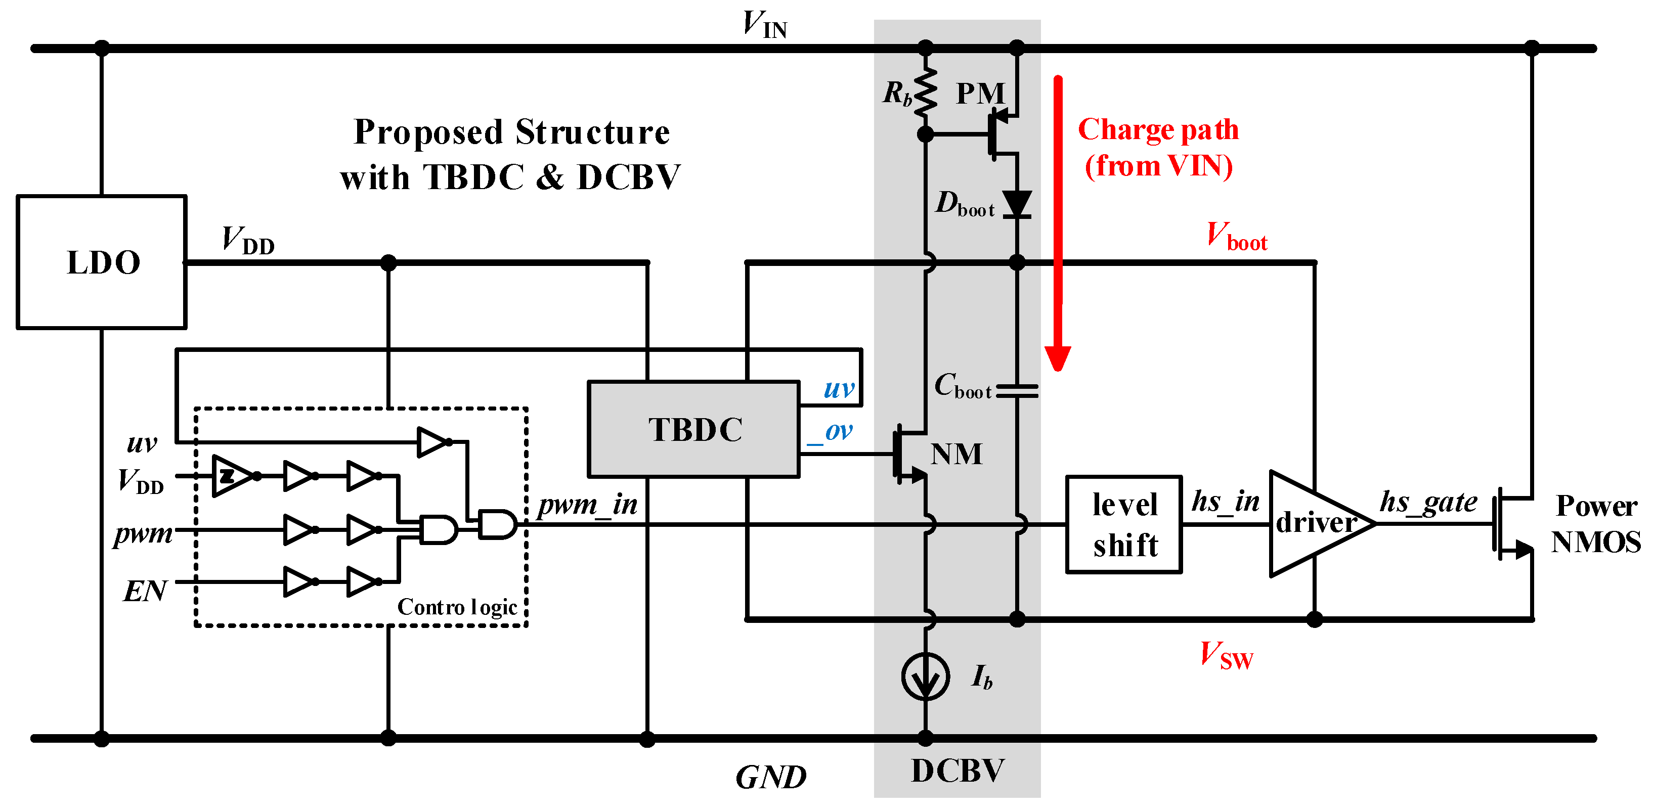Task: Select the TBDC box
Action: tap(693, 429)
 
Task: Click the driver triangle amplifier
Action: tap(1316, 523)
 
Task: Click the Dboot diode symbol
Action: tap(1017, 204)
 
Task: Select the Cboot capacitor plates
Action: tap(1017, 391)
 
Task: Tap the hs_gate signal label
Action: tap(1428, 502)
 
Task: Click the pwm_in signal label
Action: tap(587, 505)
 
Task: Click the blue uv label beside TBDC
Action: tap(839, 388)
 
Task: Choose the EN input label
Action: tap(145, 590)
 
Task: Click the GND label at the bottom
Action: tap(770, 777)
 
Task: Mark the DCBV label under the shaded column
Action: tap(958, 771)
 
